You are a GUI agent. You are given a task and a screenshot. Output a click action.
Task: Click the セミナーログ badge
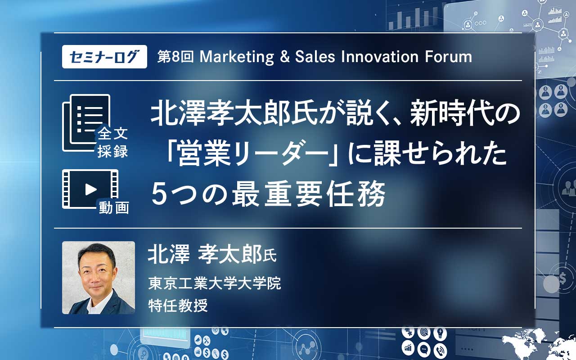[x=104, y=57]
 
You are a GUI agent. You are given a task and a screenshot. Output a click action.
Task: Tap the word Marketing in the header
[x=237, y=57]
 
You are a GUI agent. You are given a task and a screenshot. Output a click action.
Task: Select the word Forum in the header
[x=448, y=57]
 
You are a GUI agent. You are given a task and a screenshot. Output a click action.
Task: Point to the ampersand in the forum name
[x=285, y=57]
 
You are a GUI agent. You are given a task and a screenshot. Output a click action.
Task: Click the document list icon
[x=86, y=123]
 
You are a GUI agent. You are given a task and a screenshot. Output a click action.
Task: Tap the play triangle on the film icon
[x=90, y=189]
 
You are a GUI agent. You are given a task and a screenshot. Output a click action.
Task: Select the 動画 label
[x=114, y=208]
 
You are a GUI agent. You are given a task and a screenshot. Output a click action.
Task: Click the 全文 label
[x=112, y=134]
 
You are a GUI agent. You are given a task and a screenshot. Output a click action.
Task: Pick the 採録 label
[x=112, y=151]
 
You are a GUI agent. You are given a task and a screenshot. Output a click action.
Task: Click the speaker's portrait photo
[x=99, y=278]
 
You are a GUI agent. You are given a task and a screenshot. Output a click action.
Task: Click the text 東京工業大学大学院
[x=215, y=283]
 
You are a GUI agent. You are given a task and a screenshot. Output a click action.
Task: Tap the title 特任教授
[x=178, y=306]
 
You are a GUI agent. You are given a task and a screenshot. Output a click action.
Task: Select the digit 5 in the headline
[x=160, y=194]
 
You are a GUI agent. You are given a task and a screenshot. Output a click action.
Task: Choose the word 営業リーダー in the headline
[x=253, y=154]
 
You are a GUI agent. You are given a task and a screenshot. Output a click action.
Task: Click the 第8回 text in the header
[x=175, y=57]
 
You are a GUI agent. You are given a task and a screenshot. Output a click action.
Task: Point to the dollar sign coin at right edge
[x=562, y=278]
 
